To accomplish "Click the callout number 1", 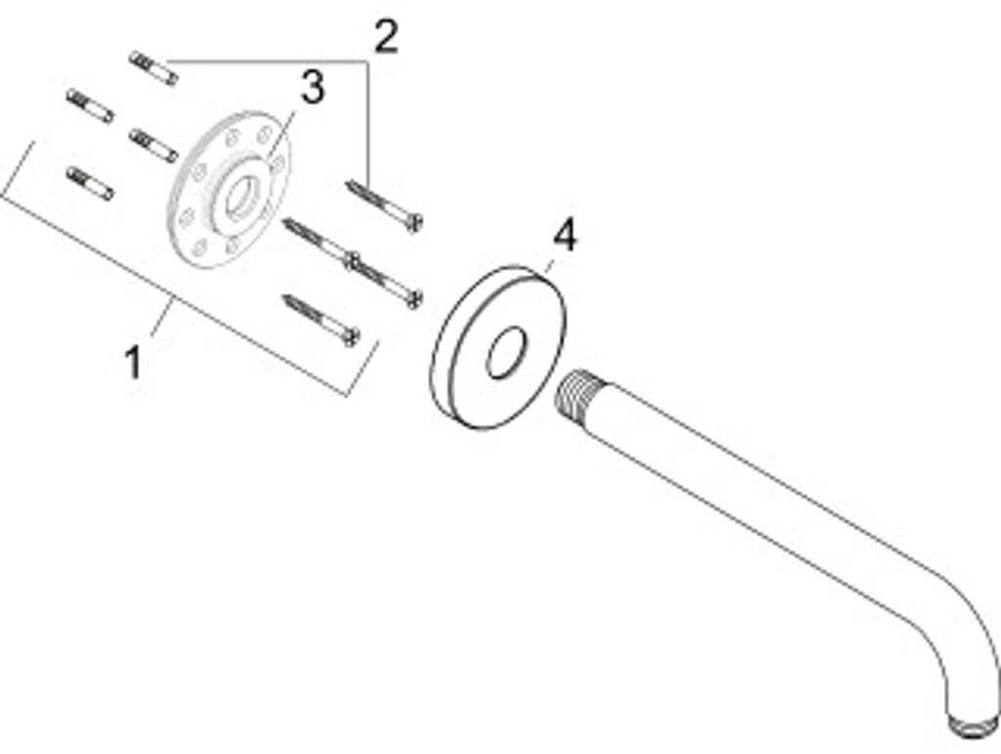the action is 133,364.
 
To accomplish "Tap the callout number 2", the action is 386,37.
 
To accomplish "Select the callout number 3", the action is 311,88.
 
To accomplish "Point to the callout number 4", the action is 565,236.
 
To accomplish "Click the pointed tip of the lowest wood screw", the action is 285,297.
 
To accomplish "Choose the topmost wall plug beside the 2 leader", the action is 152,67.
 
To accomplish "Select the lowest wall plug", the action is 90,183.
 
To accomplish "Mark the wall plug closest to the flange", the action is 153,145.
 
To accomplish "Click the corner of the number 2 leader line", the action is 368,62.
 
